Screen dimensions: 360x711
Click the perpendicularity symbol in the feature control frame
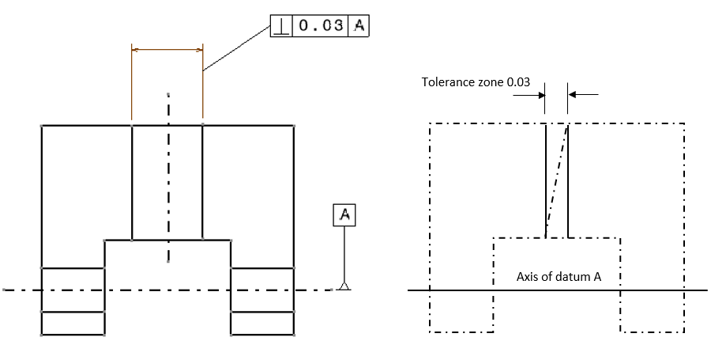click(x=282, y=26)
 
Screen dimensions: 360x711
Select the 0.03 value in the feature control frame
click(x=321, y=26)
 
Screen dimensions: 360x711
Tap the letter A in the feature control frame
click(x=359, y=26)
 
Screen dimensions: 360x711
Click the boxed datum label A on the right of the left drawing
click(x=344, y=214)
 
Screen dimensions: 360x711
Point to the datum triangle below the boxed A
click(x=344, y=285)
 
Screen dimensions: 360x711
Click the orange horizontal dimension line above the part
click(x=167, y=50)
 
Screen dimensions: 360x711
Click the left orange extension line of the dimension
click(x=132, y=87)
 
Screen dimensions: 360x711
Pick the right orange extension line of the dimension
click(x=203, y=87)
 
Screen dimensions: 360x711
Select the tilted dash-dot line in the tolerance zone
click(x=556, y=182)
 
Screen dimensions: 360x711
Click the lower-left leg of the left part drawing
click(x=73, y=301)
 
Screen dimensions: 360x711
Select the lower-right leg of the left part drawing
click(x=262, y=301)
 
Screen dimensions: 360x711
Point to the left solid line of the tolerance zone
click(x=546, y=182)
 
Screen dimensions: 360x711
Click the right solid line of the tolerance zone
click(x=568, y=182)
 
